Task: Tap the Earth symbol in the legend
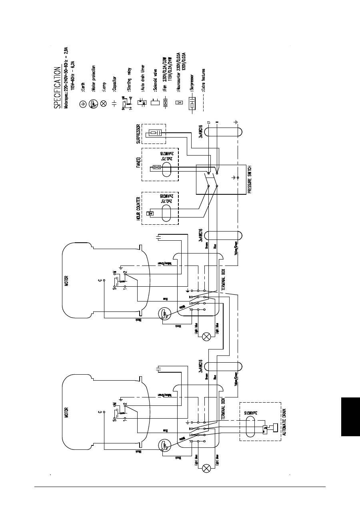83,104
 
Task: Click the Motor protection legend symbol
93,104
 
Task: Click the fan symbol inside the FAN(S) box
157,168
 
